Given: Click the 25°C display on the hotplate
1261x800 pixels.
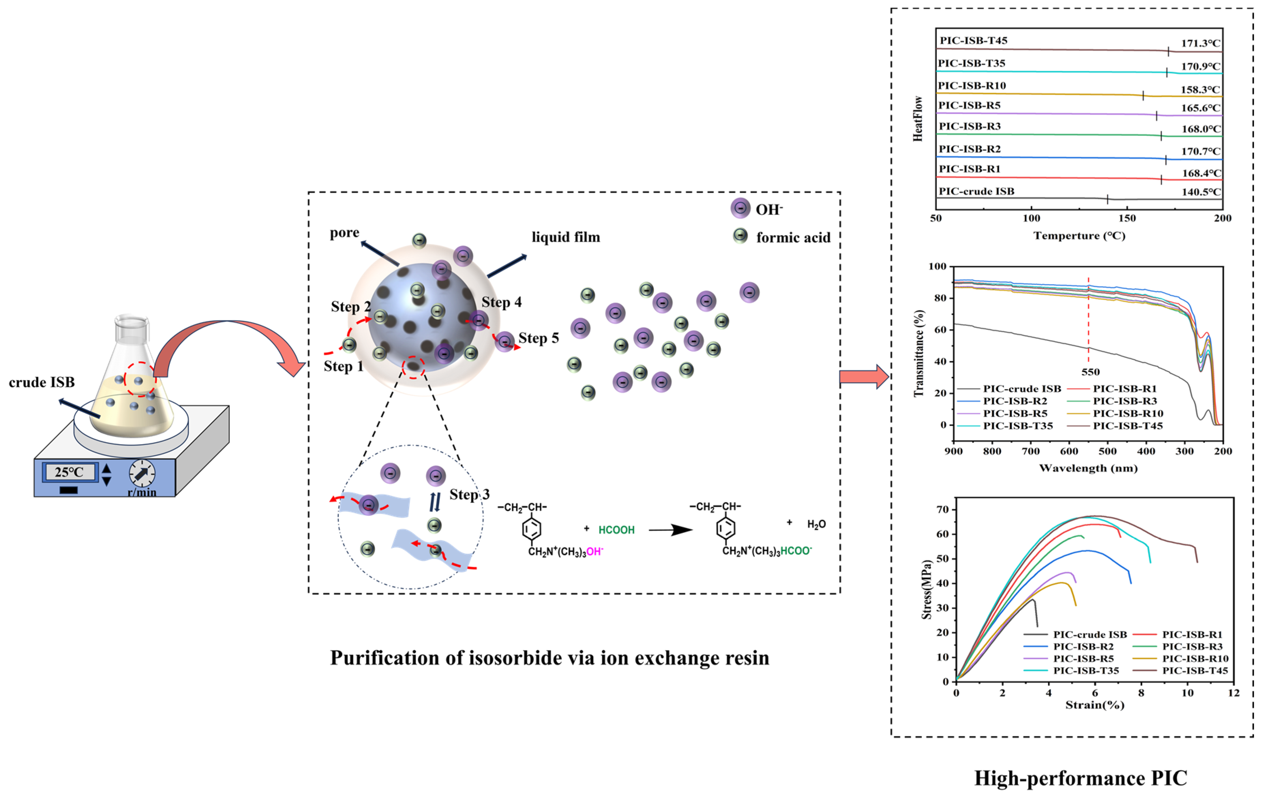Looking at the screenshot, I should (69, 472).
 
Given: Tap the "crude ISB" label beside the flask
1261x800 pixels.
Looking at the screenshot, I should (42, 383).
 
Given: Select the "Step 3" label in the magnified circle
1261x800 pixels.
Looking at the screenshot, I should (469, 495).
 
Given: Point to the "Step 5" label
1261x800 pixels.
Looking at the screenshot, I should (538, 338).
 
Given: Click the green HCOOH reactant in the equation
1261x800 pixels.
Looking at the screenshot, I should (617, 530).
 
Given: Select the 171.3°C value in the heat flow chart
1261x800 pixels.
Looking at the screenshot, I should (1200, 44).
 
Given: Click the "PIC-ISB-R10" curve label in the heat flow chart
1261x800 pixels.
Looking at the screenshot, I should (972, 85).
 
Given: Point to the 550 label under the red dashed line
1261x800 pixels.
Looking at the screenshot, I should (1090, 372).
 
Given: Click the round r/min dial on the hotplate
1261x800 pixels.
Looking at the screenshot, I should (142, 473).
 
